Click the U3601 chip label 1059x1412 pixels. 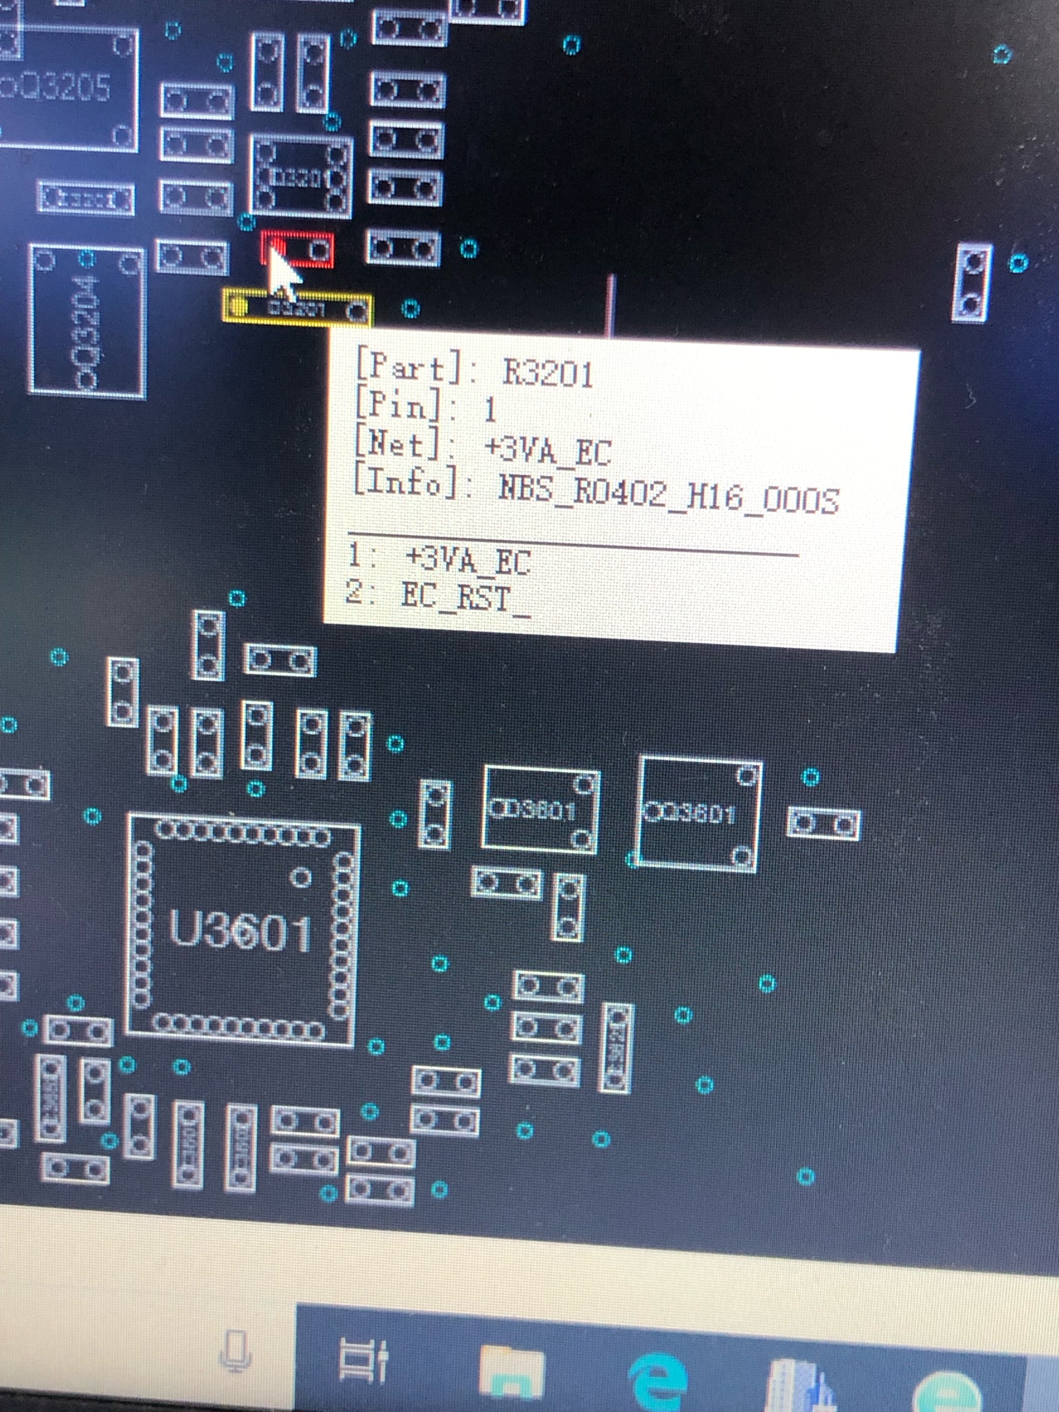(x=240, y=932)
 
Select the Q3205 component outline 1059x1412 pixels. (x=67, y=88)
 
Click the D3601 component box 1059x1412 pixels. (x=540, y=810)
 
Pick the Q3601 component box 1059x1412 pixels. (x=698, y=814)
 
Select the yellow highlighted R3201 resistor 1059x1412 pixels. (x=298, y=308)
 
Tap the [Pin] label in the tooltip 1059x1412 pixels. (x=397, y=405)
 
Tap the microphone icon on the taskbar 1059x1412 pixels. (x=235, y=1349)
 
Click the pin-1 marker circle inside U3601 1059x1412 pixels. (x=300, y=877)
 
